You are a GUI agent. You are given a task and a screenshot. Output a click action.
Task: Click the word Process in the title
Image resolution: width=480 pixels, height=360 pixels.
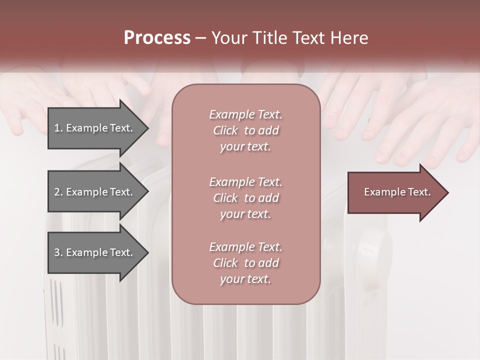click(157, 38)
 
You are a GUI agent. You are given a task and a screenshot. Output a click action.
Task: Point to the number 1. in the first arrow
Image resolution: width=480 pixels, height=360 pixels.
click(58, 128)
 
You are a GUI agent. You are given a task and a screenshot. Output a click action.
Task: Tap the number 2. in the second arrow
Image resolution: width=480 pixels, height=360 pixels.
click(58, 192)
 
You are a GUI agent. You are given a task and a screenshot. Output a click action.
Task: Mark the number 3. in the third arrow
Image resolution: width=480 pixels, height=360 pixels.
click(58, 252)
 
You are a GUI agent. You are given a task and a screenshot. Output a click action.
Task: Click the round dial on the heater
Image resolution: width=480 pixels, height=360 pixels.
click(374, 245)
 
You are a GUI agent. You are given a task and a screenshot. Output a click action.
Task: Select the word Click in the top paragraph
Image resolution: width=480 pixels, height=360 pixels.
click(225, 130)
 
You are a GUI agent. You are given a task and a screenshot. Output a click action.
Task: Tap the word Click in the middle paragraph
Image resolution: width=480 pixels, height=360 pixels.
click(225, 198)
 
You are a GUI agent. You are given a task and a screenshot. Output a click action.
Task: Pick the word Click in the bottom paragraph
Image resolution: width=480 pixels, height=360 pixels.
click(225, 263)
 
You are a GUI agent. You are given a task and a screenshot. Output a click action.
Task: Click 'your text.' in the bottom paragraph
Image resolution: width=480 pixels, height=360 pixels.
click(245, 279)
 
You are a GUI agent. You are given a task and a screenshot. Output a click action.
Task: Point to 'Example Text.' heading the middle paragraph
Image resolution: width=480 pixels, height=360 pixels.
click(245, 181)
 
